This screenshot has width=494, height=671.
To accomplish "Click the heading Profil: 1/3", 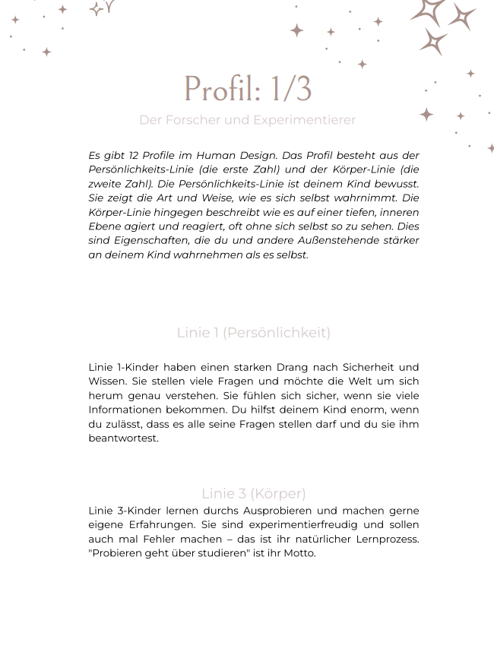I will click(248, 89).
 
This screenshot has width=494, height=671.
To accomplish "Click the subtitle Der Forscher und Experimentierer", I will click(247, 120).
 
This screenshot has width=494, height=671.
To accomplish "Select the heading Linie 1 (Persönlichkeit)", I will click(253, 333).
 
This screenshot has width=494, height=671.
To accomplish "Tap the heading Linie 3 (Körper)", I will click(253, 493).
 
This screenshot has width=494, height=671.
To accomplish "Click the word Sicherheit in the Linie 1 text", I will click(369, 367).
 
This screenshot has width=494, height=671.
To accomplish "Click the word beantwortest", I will click(123, 438).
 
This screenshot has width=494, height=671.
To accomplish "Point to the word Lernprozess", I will click(388, 539).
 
